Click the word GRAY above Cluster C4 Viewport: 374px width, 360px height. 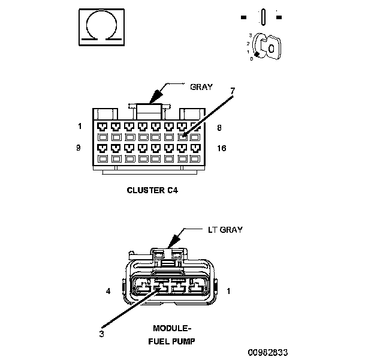tap(201, 86)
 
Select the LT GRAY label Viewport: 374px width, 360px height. tap(225, 230)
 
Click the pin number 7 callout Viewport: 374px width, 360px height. tap(233, 91)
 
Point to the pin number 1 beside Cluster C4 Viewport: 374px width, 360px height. tap(79, 127)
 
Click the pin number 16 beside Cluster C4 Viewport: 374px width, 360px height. tap(222, 148)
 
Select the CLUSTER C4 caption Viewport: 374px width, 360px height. tap(152, 190)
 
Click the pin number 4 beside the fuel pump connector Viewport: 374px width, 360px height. tap(108, 292)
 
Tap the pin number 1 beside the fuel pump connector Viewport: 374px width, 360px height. tap(228, 292)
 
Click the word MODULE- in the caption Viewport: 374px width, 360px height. tap(171, 329)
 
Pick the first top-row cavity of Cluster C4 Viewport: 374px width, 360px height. tap(103, 127)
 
